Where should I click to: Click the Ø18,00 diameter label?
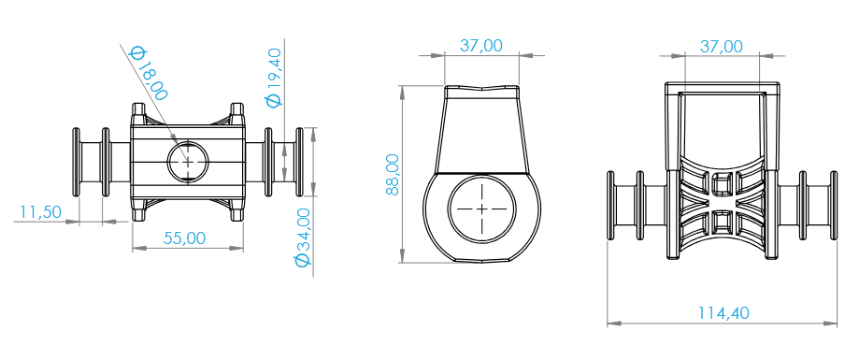(x=148, y=73)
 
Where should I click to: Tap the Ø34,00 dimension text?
(x=303, y=237)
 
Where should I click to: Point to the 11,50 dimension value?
(x=40, y=211)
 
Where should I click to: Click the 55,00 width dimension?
(x=185, y=238)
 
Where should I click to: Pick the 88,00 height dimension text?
(x=393, y=174)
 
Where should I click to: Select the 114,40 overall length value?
(x=723, y=313)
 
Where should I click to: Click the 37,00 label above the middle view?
(x=480, y=46)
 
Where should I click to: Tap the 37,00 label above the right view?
(x=722, y=47)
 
